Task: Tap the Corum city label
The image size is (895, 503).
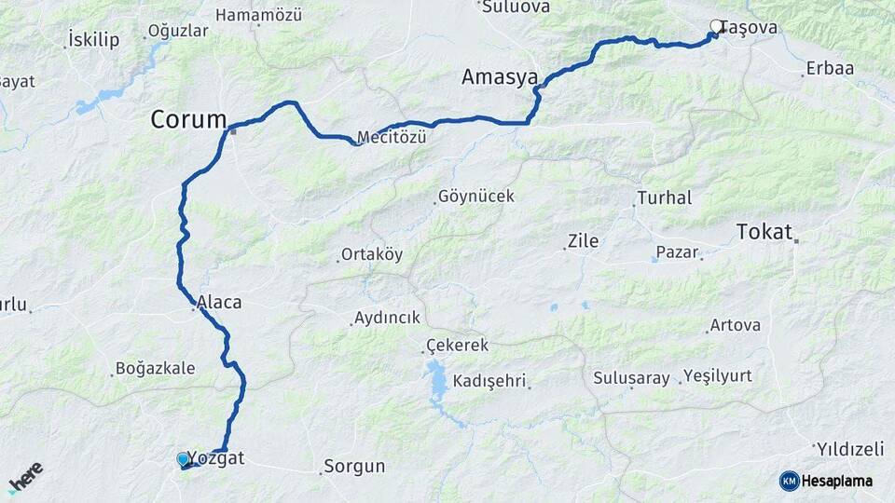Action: pyautogui.click(x=189, y=119)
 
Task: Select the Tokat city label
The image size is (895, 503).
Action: pyautogui.click(x=764, y=231)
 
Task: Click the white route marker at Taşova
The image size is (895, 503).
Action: pyautogui.click(x=716, y=27)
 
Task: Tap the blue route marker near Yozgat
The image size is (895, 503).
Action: pyautogui.click(x=183, y=459)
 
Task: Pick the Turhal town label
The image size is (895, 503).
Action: pyautogui.click(x=664, y=198)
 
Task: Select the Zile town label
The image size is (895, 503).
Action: pyautogui.click(x=582, y=241)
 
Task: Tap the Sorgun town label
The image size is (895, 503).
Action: pyautogui.click(x=354, y=467)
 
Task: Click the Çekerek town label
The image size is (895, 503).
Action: pyautogui.click(x=457, y=346)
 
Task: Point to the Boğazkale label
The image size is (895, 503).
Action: pyautogui.click(x=156, y=368)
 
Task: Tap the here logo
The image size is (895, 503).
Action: pyautogui.click(x=25, y=477)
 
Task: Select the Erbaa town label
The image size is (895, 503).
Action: pyautogui.click(x=830, y=69)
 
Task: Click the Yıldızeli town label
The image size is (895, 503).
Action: pyautogui.click(x=852, y=449)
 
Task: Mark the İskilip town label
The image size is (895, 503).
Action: pyautogui.click(x=94, y=39)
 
